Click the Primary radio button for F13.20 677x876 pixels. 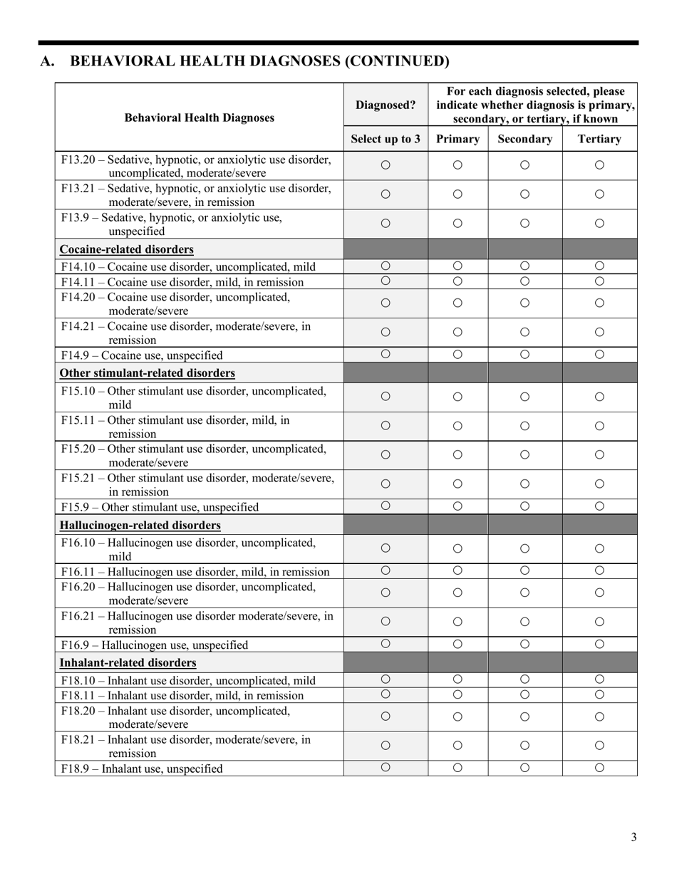pyautogui.click(x=458, y=165)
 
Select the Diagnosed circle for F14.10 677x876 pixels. pyautogui.click(x=386, y=266)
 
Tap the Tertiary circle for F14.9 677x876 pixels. pyautogui.click(x=599, y=354)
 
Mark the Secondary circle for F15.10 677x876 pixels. pyautogui.click(x=524, y=397)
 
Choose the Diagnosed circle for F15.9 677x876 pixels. pyautogui.click(x=386, y=506)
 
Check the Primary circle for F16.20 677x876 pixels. pyautogui.click(x=458, y=593)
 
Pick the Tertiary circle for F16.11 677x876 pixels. pyautogui.click(x=599, y=570)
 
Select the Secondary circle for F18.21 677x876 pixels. pyautogui.click(x=524, y=746)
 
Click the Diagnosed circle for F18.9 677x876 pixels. pyautogui.click(x=386, y=767)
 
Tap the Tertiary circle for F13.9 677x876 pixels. pyautogui.click(x=599, y=223)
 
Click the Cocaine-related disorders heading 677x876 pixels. pyautogui.click(x=127, y=249)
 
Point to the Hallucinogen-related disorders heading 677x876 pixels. pyautogui.click(x=140, y=525)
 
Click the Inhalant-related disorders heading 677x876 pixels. pyautogui.click(x=128, y=662)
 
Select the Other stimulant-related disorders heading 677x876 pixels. pyautogui.click(x=148, y=373)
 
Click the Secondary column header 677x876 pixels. pyautogui.click(x=524, y=139)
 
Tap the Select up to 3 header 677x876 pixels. pyautogui.click(x=386, y=139)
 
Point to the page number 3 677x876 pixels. pyautogui.click(x=634, y=837)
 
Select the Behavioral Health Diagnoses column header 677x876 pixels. pyautogui.click(x=200, y=118)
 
